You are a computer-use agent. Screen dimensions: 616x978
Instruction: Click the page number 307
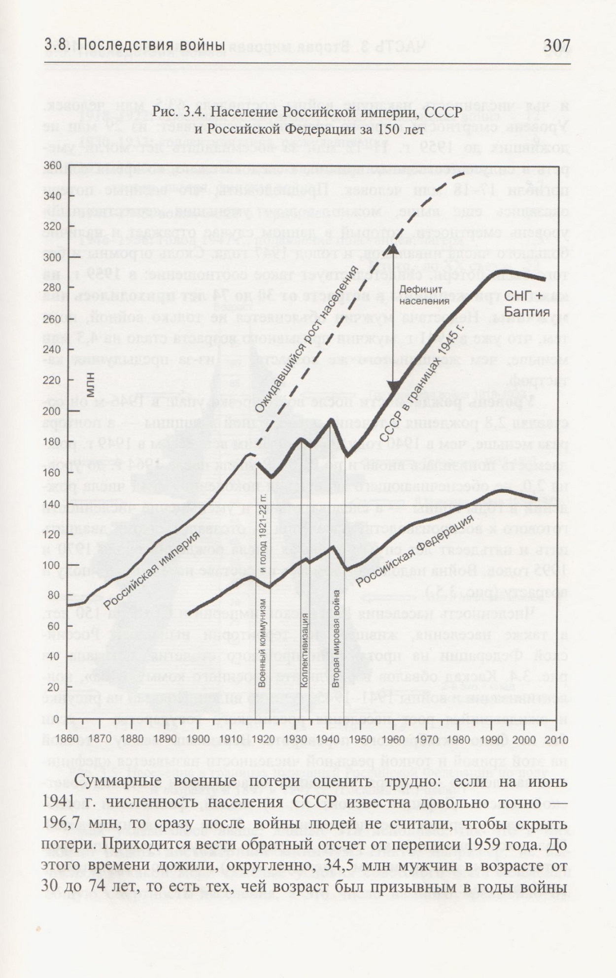point(556,46)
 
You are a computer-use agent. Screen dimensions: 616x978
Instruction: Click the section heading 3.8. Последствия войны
point(135,45)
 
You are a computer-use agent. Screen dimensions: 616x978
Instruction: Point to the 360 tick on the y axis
point(52,165)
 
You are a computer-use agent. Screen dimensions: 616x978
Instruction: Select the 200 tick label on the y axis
point(52,411)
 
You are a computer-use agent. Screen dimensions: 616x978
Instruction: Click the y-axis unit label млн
point(91,385)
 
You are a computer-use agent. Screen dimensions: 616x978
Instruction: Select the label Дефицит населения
point(424,295)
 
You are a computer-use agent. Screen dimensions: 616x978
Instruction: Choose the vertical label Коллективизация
point(305,650)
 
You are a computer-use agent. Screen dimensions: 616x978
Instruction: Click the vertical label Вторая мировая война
point(336,639)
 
